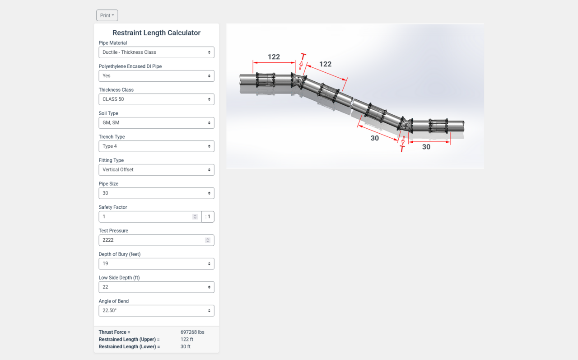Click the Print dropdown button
point(107,15)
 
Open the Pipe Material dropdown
point(156,52)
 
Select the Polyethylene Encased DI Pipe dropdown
point(156,76)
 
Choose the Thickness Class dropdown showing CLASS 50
point(156,99)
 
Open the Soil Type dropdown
point(156,123)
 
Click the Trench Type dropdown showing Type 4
point(156,146)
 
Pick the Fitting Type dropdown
point(156,170)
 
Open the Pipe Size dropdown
point(156,193)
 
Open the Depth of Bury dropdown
point(156,264)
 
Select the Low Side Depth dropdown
point(156,287)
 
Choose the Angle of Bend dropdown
point(156,311)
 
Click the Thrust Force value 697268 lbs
point(192,332)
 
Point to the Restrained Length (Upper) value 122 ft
point(187,339)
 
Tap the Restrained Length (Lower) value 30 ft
point(186,346)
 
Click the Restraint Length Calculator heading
point(156,33)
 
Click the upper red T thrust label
point(303,57)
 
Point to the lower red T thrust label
point(402,149)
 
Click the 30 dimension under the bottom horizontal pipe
point(426,147)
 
